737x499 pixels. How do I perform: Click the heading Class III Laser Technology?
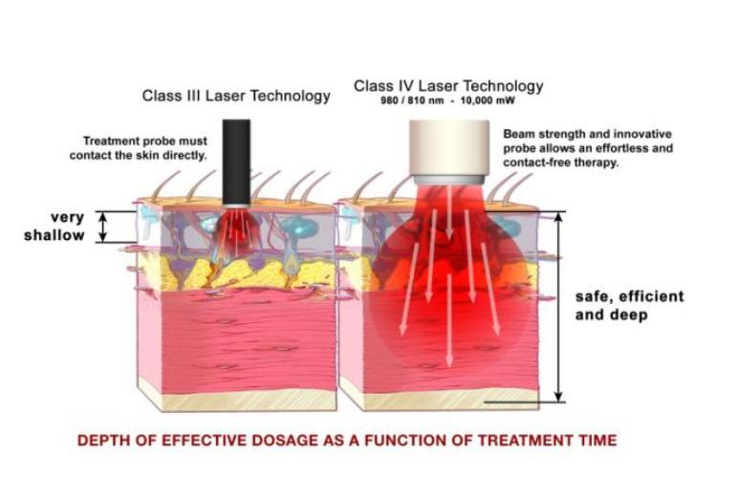pos(236,96)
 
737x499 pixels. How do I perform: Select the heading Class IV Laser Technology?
pos(448,86)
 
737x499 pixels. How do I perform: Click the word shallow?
pos(54,235)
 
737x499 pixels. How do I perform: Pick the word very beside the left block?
pos(67,218)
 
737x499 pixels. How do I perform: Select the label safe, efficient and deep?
pos(629,305)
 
